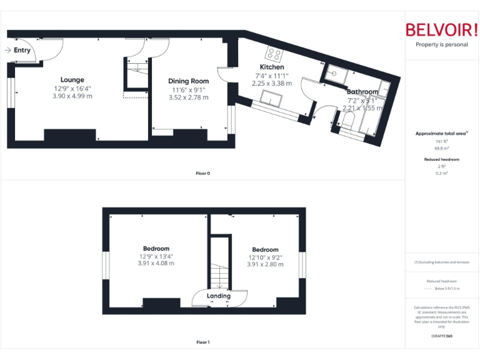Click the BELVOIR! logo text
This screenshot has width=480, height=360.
click(x=441, y=30)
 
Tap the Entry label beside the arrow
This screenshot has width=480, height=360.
click(x=22, y=50)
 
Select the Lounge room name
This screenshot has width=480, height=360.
click(x=72, y=79)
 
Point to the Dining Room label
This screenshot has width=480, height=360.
click(x=188, y=81)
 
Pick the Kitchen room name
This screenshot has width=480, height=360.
click(x=272, y=67)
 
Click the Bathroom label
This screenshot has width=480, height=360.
click(x=362, y=92)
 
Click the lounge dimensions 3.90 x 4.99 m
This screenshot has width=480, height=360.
click(x=72, y=96)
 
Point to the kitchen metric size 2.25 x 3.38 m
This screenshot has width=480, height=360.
click(x=272, y=82)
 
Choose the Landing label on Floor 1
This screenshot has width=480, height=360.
click(x=219, y=296)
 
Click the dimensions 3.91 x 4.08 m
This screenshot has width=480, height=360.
click(x=156, y=264)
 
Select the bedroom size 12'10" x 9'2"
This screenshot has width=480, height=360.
click(x=265, y=256)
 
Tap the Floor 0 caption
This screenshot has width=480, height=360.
click(x=202, y=173)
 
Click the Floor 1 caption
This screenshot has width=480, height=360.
click(x=202, y=342)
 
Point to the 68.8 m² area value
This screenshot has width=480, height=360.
click(x=442, y=148)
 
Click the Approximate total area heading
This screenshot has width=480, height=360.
click(x=441, y=133)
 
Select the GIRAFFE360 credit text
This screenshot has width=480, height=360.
click(x=441, y=336)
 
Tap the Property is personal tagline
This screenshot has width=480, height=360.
click(x=441, y=44)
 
